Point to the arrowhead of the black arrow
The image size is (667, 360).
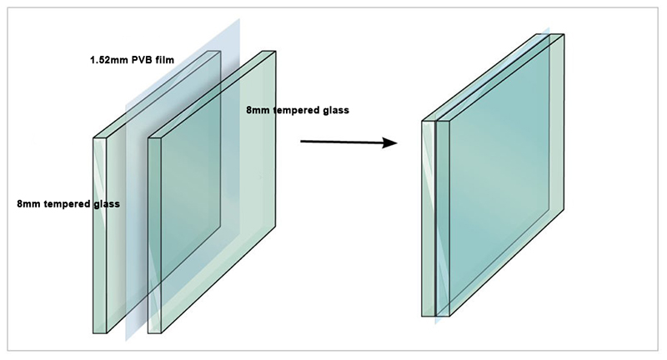tap(389, 142)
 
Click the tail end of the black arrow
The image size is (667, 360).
tap(301, 141)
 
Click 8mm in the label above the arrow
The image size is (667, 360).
tap(258, 110)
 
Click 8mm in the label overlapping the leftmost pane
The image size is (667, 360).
tap(28, 204)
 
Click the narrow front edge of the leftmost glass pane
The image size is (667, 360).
tap(100, 236)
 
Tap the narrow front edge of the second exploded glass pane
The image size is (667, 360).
tap(155, 236)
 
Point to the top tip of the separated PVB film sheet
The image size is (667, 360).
tap(239, 19)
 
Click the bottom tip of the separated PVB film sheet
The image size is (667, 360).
tap(126, 341)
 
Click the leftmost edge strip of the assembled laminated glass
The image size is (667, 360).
tap(429, 219)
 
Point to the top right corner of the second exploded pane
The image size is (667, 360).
tap(276, 52)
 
